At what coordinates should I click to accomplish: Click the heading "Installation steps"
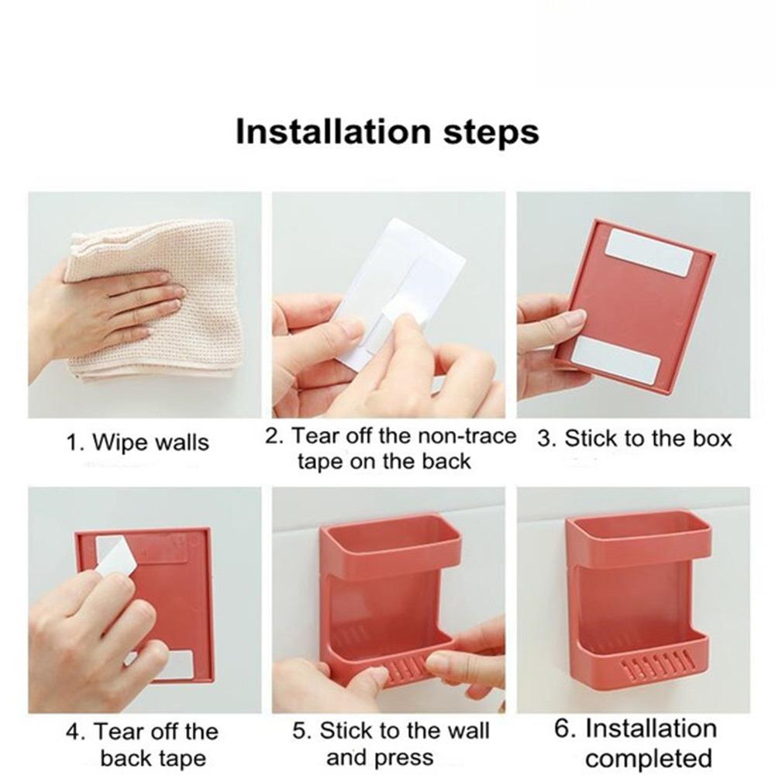pyautogui.click(x=387, y=131)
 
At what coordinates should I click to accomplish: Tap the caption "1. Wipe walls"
pyautogui.click(x=136, y=443)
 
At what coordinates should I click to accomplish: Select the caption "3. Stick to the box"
pyautogui.click(x=634, y=439)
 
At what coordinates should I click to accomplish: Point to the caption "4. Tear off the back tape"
pyautogui.click(x=145, y=744)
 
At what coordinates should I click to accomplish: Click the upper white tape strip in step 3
pyautogui.click(x=647, y=252)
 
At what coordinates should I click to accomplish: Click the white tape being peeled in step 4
pyautogui.click(x=116, y=556)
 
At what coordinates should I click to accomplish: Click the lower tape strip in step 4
pyautogui.click(x=177, y=663)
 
